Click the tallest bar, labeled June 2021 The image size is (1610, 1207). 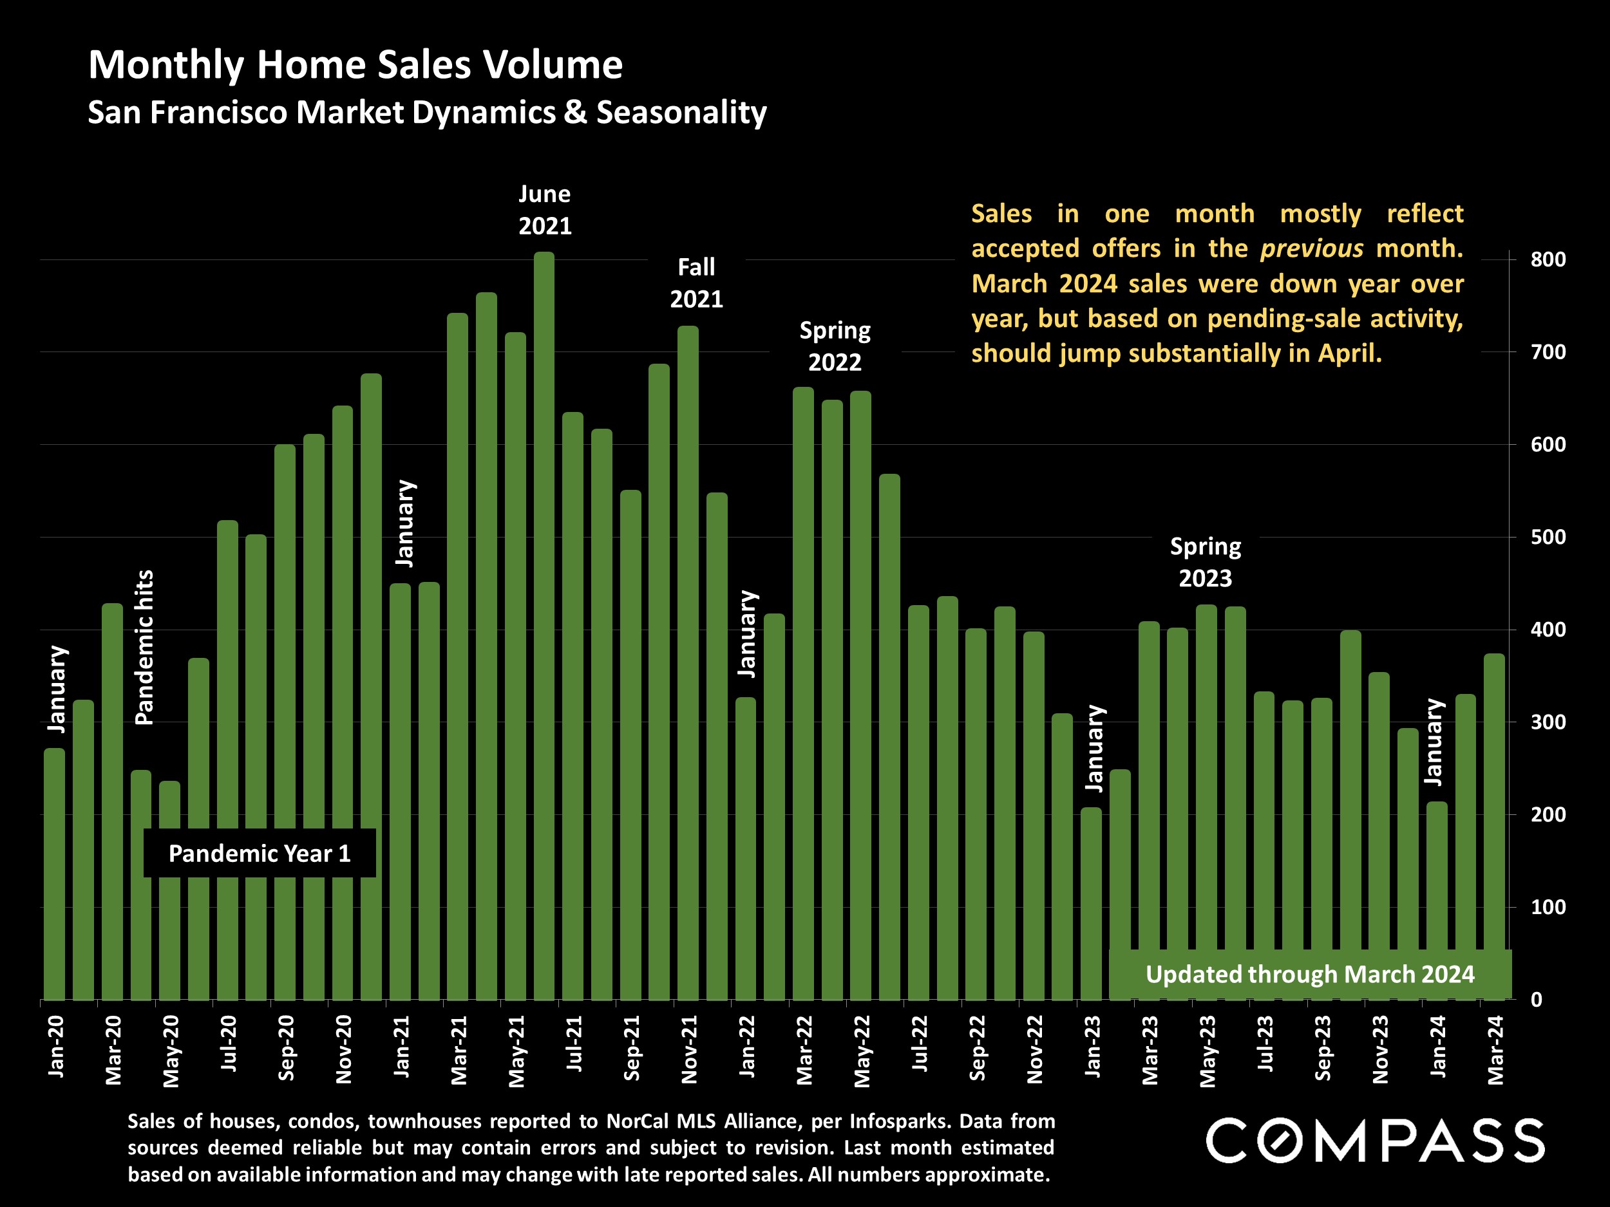click(544, 626)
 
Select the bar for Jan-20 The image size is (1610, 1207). click(55, 873)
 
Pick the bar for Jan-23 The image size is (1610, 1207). click(1091, 902)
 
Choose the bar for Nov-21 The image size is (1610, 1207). click(688, 662)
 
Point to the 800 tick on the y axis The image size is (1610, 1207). click(1548, 259)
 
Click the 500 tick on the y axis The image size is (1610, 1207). click(1548, 537)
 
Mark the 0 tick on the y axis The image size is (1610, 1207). click(1536, 1000)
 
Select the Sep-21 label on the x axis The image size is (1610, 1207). click(632, 1047)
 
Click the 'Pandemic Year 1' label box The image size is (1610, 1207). click(260, 854)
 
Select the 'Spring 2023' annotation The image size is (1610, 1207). click(1206, 563)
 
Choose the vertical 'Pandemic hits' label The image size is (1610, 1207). click(145, 647)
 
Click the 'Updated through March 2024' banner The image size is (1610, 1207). click(1310, 974)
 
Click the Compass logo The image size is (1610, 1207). click(1375, 1140)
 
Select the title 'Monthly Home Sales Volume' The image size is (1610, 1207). click(355, 65)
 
